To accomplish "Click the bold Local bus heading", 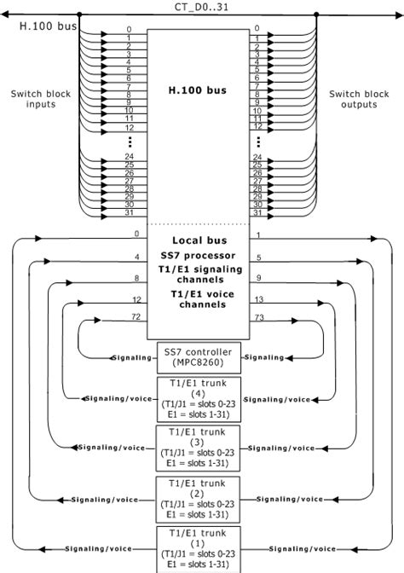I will pos(198,240).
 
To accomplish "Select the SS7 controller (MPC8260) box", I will pos(199,356).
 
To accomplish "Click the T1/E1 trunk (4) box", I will pos(199,399).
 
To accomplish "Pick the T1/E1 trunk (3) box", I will pos(199,448).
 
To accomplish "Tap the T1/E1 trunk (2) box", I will pos(199,499).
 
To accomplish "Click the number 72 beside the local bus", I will pos(135,316).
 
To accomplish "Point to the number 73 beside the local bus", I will pos(260,316).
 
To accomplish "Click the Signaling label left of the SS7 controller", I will pos(131,357).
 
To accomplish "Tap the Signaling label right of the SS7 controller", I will pos(263,357).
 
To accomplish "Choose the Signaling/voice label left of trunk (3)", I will pos(102,448).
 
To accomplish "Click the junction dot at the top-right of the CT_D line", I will pos(316,14).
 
